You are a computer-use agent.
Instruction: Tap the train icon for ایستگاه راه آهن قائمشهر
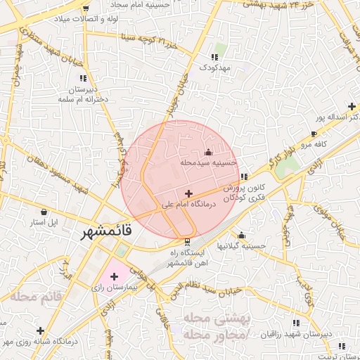coord(187,240)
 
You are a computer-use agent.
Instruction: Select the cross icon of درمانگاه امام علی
coord(188,193)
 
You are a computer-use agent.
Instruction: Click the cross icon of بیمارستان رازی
coord(115,277)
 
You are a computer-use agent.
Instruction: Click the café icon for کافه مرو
coord(314,134)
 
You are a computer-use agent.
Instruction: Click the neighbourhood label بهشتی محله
coord(216,318)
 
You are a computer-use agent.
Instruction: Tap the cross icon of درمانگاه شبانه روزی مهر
coord(40,330)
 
